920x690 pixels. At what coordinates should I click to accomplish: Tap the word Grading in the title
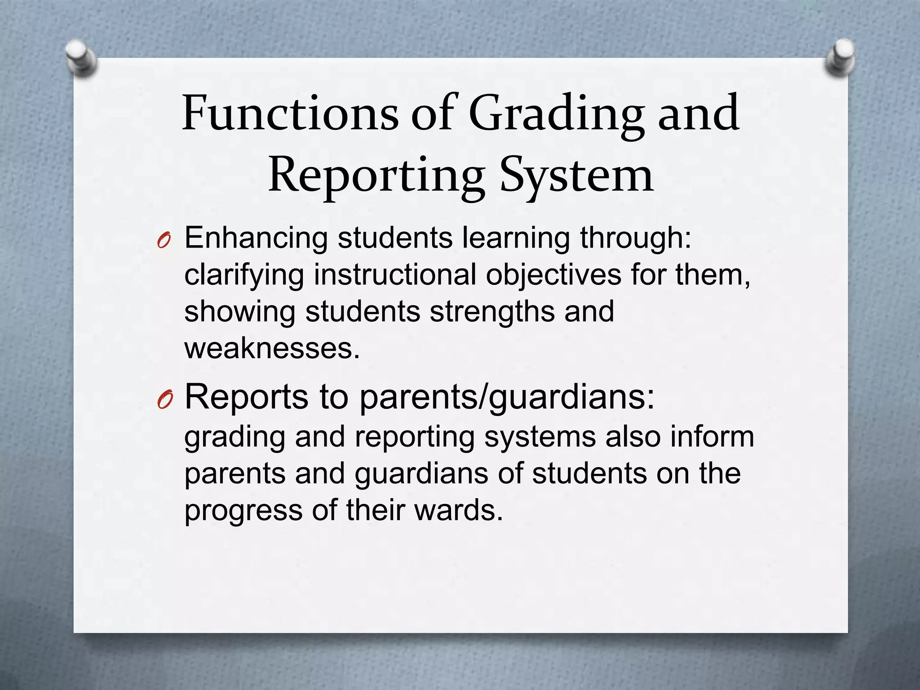tap(557, 115)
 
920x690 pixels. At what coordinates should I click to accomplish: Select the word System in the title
tap(577, 176)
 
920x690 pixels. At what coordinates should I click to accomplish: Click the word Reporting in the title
tap(376, 176)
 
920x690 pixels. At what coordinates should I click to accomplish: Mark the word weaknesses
tap(272, 348)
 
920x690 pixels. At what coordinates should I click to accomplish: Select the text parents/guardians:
tap(507, 398)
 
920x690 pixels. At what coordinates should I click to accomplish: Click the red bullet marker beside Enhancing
tap(164, 242)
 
